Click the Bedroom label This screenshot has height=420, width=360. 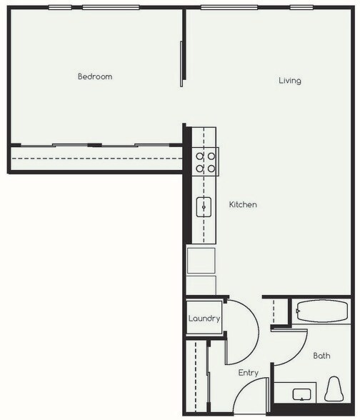coord(95,76)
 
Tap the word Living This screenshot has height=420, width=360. coord(289,81)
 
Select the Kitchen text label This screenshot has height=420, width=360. coord(242,205)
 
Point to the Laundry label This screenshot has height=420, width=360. coord(204,319)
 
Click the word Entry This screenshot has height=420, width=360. coord(248,373)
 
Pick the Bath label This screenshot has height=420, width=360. coord(321,355)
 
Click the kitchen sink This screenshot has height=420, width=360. coord(205,207)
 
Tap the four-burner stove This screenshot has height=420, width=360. coord(206,161)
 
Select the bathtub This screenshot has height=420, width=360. coord(321,312)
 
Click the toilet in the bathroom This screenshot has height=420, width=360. coord(334,390)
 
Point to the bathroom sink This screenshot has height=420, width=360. coord(301,394)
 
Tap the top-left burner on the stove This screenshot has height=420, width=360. coord(201,156)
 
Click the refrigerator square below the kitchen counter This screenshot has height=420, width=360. coord(201,260)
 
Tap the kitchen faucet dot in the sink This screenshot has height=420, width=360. coord(204,207)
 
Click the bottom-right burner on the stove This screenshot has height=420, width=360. coord(211,168)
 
